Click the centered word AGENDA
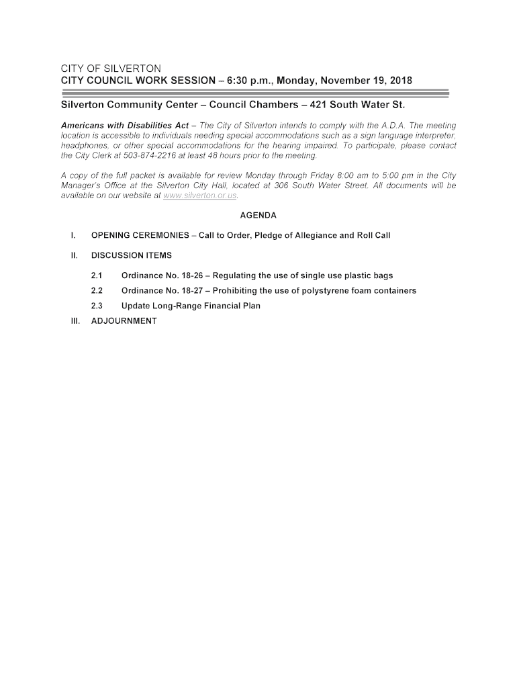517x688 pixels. pos(258,216)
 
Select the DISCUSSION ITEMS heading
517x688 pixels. pos(132,255)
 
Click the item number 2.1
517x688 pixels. pos(96,275)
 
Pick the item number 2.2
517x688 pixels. pos(96,291)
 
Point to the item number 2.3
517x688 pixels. pos(96,306)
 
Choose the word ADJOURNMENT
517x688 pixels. pos(124,321)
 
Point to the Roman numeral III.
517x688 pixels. pos(75,321)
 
